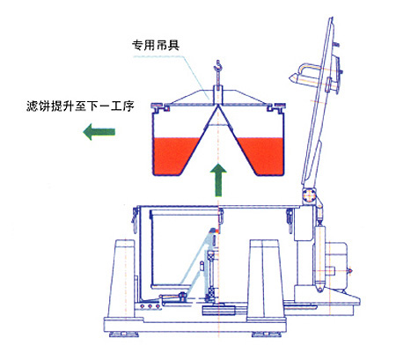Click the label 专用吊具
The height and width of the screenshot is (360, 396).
click(x=156, y=45)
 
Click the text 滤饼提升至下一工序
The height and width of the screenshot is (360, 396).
click(x=80, y=106)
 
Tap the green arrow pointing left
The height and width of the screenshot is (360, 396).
click(x=99, y=132)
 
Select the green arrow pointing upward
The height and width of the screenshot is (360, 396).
click(x=218, y=180)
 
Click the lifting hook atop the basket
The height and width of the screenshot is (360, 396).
click(x=217, y=68)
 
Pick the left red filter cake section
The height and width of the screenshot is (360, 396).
click(x=174, y=156)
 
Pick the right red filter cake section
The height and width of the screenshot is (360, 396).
click(x=261, y=156)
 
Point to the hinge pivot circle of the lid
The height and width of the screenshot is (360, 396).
click(x=309, y=195)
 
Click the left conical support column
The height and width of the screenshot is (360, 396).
click(x=121, y=279)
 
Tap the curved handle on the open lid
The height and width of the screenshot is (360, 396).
click(x=307, y=71)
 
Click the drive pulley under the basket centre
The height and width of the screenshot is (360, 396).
click(x=218, y=310)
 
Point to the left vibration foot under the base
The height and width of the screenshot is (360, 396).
click(x=122, y=334)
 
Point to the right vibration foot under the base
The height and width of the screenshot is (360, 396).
click(x=266, y=334)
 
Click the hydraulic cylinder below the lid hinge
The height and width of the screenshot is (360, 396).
click(x=319, y=257)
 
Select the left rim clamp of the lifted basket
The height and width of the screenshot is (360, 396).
click(x=160, y=107)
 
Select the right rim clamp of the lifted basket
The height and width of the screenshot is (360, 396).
click(x=275, y=107)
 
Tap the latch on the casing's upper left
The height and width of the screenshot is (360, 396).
click(x=136, y=219)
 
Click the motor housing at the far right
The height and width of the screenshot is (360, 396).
click(x=336, y=267)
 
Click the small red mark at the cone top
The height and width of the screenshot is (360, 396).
click(x=217, y=231)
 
